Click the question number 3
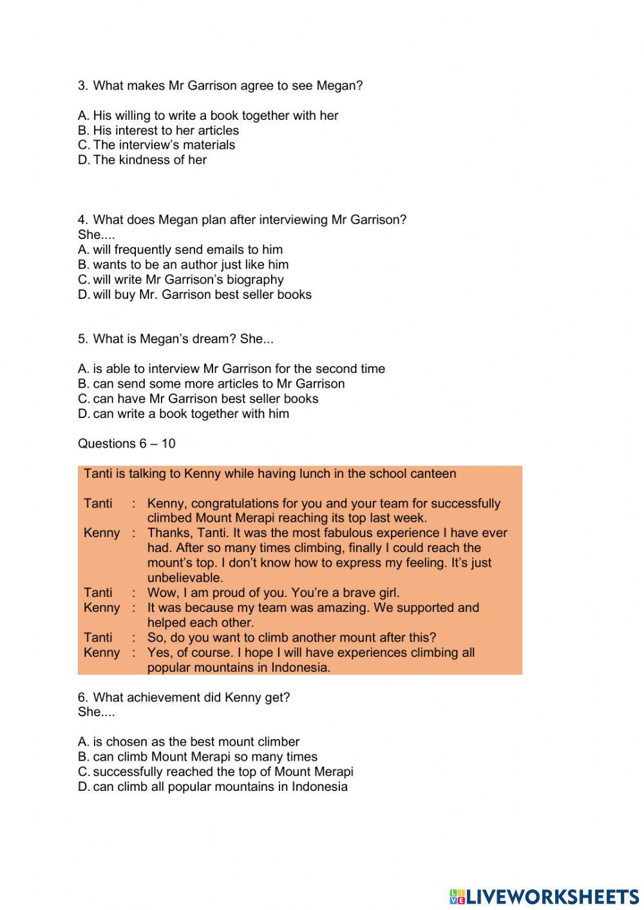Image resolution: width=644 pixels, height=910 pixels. point(82,86)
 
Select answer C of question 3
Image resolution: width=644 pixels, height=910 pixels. point(156,145)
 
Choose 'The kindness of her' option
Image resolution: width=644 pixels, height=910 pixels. point(142,160)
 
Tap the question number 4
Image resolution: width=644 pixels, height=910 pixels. point(82,220)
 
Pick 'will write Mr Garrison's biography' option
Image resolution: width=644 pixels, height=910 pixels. point(181,280)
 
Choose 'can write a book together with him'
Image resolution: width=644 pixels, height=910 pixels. point(184,413)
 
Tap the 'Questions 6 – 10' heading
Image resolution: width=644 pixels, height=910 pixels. point(126,443)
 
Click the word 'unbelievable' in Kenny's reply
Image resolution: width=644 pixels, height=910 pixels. point(185,578)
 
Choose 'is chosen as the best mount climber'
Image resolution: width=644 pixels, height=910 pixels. point(189,742)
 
